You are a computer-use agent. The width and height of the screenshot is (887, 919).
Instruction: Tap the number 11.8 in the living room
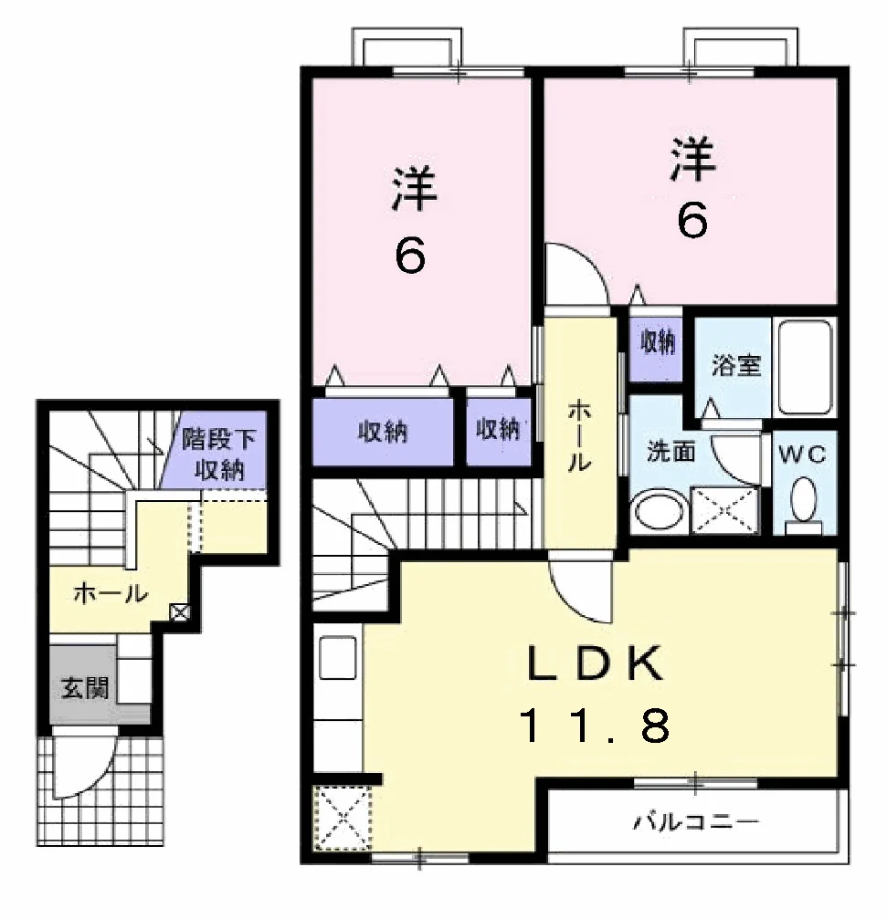(x=595, y=725)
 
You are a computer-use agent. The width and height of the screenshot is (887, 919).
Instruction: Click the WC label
(x=803, y=454)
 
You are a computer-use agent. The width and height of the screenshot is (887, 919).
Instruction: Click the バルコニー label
(x=696, y=822)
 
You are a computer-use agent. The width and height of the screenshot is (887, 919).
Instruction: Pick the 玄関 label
(x=86, y=687)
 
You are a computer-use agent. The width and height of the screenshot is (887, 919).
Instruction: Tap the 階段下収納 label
(x=219, y=454)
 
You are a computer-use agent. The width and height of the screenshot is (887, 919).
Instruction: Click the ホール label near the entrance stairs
(x=111, y=594)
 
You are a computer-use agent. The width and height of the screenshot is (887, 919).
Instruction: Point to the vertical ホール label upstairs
(x=579, y=436)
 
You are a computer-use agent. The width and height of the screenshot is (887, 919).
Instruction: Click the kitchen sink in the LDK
(x=337, y=658)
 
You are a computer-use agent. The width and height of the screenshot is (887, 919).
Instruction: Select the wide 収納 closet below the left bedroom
(x=383, y=433)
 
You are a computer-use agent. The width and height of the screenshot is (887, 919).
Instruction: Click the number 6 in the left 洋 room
(x=410, y=256)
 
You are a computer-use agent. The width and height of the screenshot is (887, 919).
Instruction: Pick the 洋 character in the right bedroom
(x=693, y=159)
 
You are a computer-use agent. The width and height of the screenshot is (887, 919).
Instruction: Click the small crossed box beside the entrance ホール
(x=180, y=612)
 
